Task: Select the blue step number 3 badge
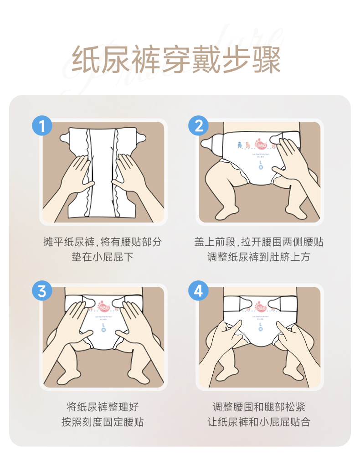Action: click(42, 291)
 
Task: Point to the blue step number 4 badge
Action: click(198, 291)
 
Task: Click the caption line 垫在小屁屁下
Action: click(102, 257)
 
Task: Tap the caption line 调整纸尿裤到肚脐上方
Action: click(258, 257)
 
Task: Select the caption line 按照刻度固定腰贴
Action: click(102, 422)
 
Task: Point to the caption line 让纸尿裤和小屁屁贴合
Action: click(258, 422)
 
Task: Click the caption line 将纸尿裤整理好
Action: click(102, 407)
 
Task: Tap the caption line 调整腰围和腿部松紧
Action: click(258, 407)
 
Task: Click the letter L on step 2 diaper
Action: click(261, 161)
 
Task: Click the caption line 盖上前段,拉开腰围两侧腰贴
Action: click(258, 242)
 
